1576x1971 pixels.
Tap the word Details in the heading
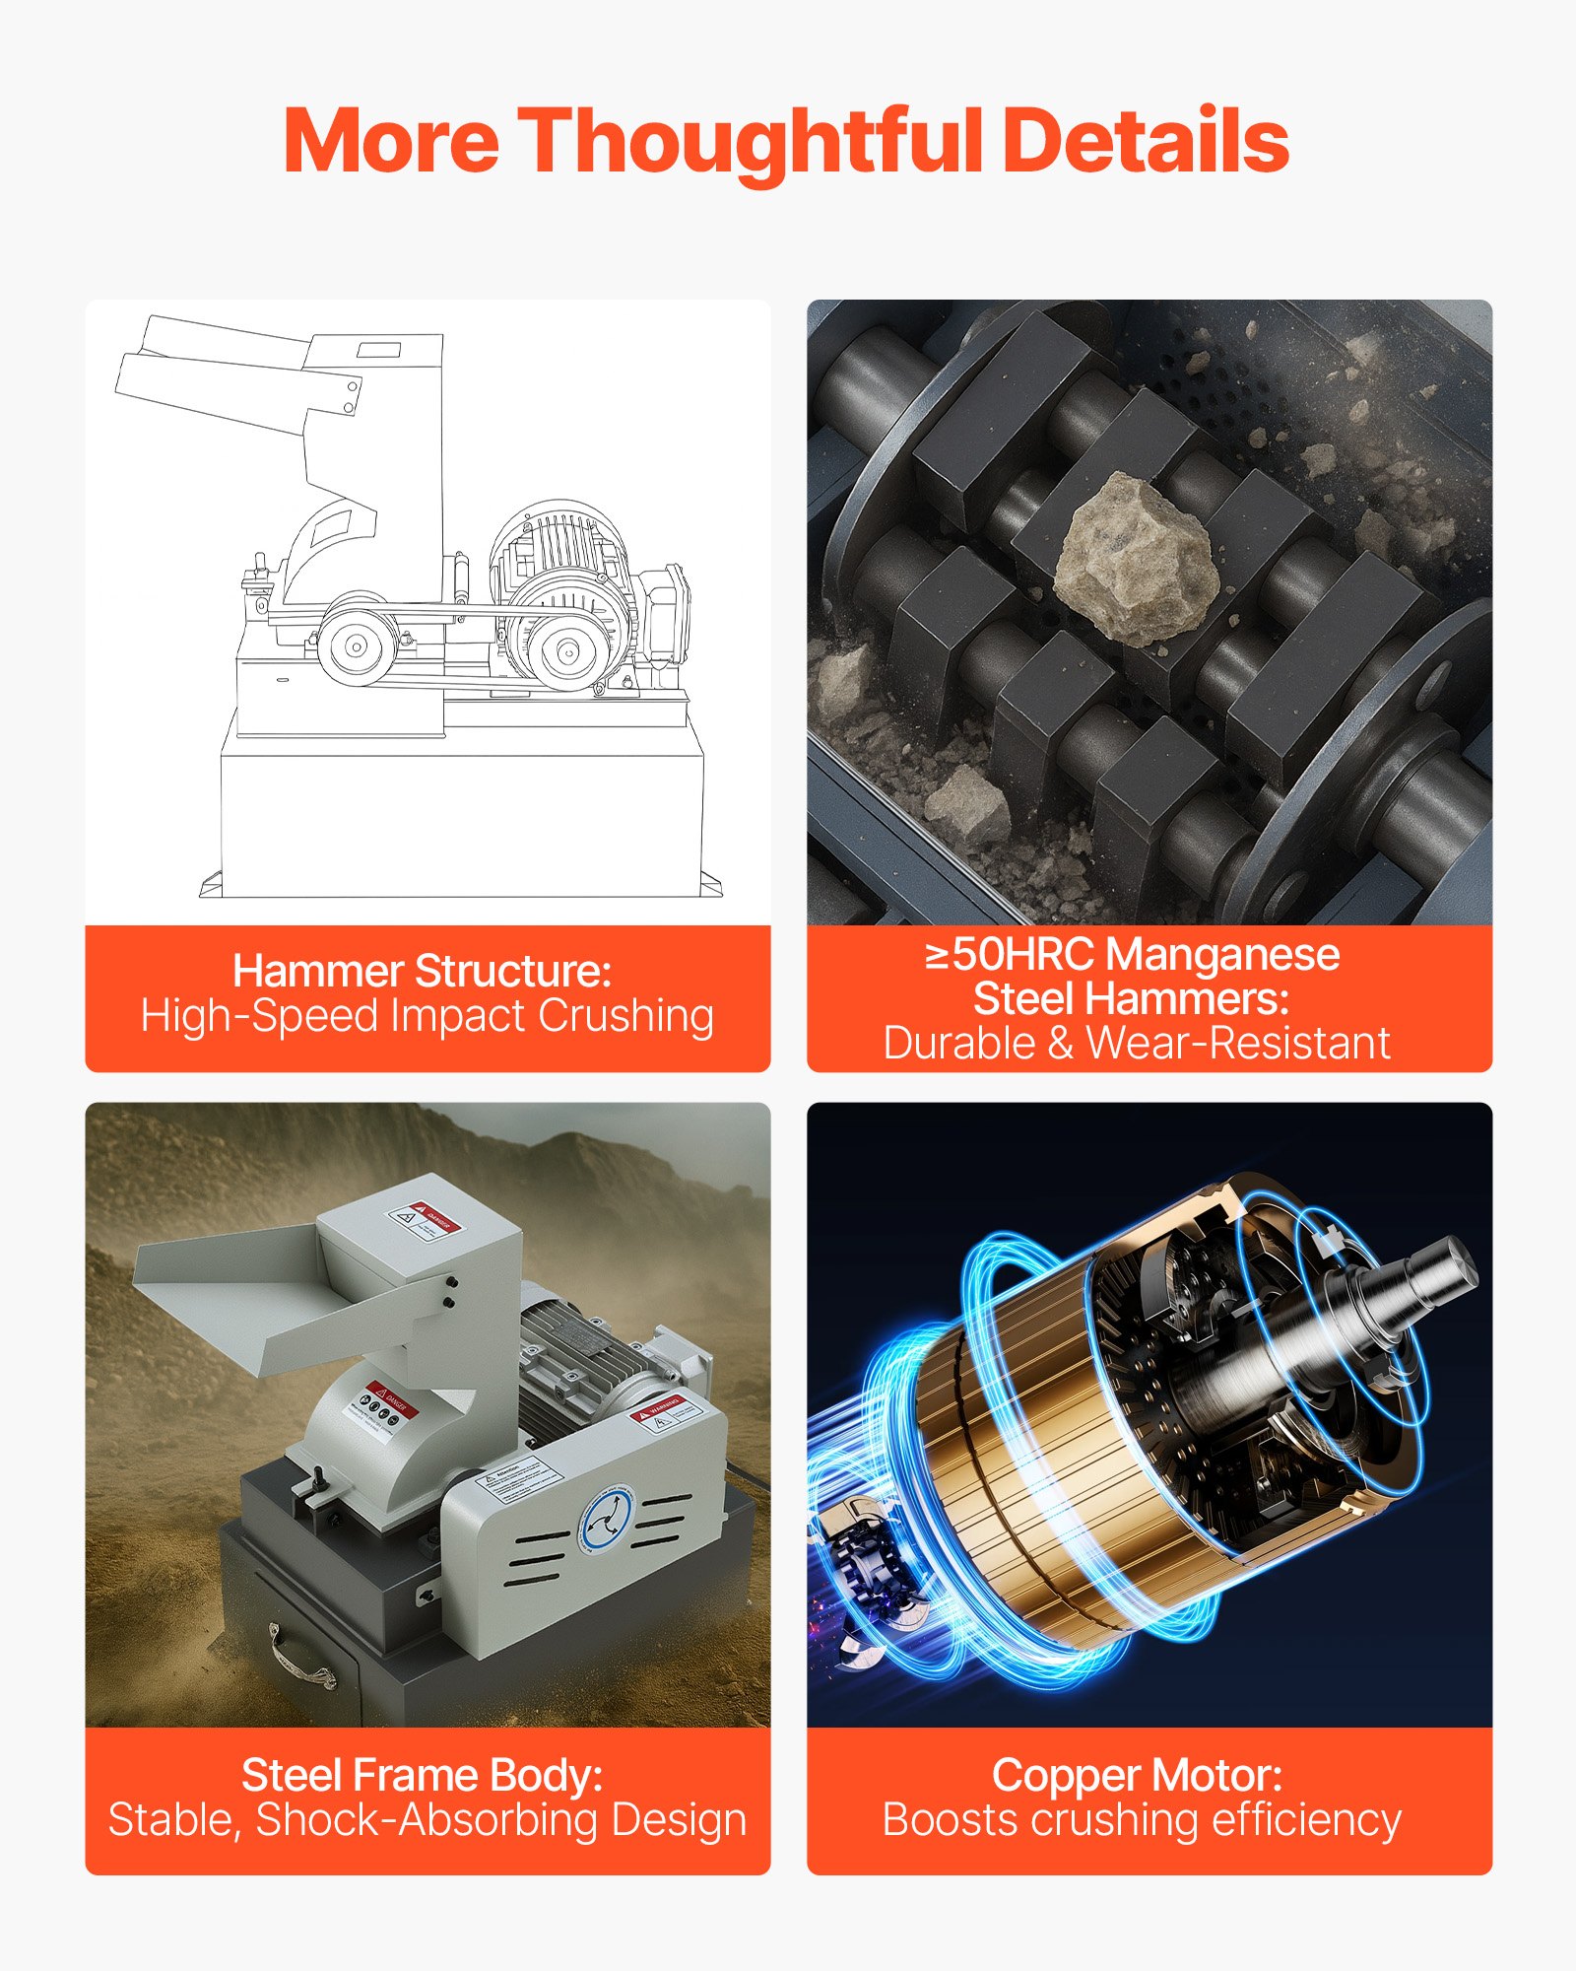(x=1148, y=141)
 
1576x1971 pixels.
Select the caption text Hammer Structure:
(x=422, y=972)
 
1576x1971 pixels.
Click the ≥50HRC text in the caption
(x=1010, y=954)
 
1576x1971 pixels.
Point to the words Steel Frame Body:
(x=422, y=1776)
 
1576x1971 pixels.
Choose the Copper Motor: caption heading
(x=1137, y=1776)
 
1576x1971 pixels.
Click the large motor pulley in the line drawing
(x=565, y=650)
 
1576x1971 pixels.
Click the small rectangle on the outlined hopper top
(x=378, y=349)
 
